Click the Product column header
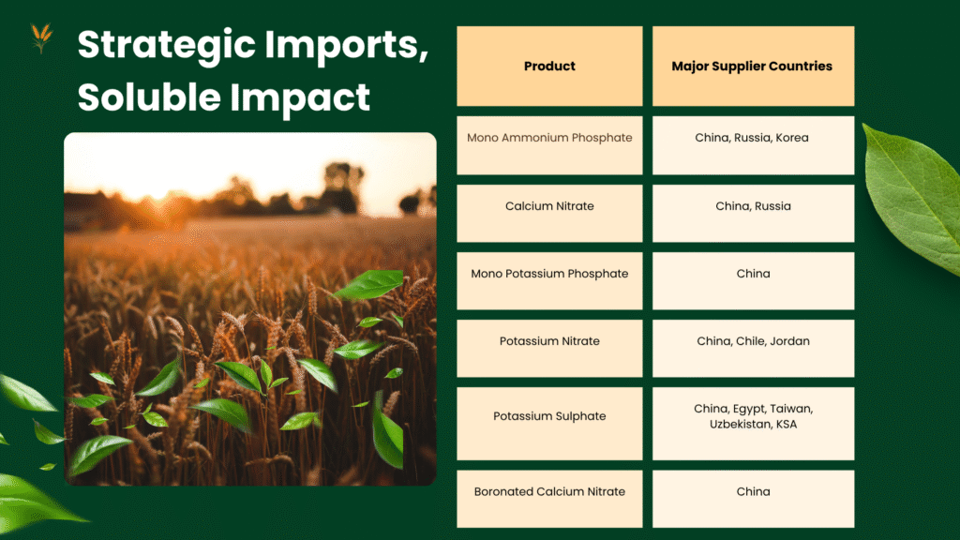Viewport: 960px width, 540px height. point(549,67)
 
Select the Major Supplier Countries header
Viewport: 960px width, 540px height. point(753,67)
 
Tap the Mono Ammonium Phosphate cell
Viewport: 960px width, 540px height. point(549,145)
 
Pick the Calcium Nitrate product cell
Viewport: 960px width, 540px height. point(549,213)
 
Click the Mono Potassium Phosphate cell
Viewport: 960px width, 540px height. point(549,280)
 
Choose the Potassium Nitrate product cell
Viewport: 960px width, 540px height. point(549,348)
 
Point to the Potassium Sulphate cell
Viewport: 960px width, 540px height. point(549,423)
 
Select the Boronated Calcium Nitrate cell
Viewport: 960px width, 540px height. point(549,499)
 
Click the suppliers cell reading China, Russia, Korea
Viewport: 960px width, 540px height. point(753,145)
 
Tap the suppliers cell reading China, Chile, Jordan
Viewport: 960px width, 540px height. point(753,348)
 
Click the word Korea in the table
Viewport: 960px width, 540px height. point(791,138)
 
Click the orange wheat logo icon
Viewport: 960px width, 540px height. point(41,37)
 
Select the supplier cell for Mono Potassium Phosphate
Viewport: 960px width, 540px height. point(753,280)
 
